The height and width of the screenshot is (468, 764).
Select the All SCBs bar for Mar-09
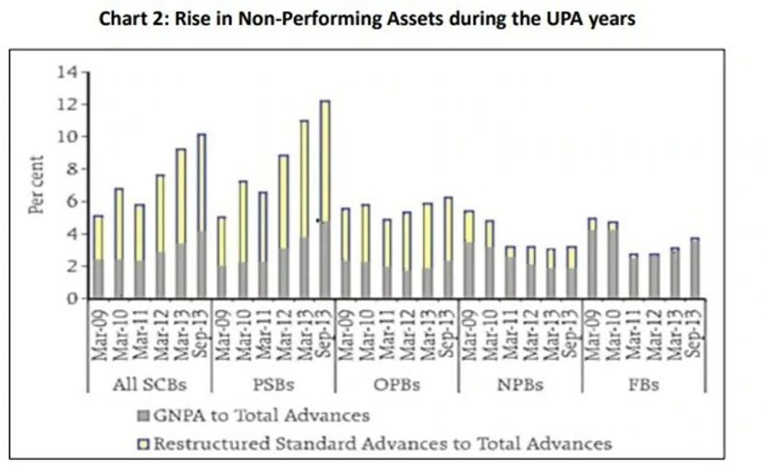point(98,257)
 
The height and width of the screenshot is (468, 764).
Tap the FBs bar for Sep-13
point(695,268)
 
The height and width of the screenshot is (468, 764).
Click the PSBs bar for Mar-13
point(304,210)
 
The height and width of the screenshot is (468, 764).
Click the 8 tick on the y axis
point(72,170)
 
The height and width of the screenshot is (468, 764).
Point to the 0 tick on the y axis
point(72,298)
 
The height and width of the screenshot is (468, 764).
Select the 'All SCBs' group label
point(149,384)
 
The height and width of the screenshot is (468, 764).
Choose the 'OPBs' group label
point(396,384)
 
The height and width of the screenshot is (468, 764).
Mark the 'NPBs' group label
point(520,384)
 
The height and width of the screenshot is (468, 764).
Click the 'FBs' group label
point(643,384)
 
